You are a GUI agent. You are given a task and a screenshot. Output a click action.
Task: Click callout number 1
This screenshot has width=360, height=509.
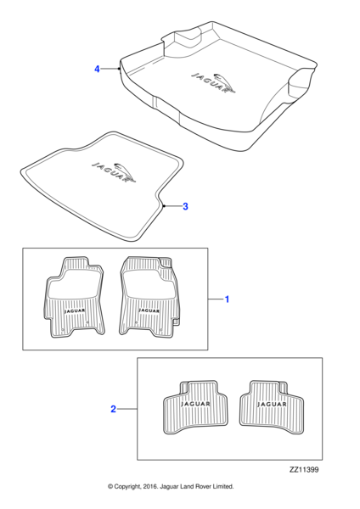click(x=227, y=299)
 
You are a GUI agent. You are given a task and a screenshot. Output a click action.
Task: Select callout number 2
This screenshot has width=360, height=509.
click(x=114, y=409)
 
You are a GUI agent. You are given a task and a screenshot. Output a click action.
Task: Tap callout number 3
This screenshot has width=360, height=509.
click(x=185, y=206)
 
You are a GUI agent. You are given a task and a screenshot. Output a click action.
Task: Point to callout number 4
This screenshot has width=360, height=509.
click(x=97, y=69)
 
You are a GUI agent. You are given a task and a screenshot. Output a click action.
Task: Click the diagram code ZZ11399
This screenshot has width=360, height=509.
click(x=304, y=470)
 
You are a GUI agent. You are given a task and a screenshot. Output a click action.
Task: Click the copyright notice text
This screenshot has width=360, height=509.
click(x=171, y=487)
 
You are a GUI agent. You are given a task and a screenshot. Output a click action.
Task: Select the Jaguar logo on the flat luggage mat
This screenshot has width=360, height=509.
click(x=114, y=172)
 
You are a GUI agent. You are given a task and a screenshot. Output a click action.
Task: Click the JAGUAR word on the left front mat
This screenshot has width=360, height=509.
click(x=75, y=310)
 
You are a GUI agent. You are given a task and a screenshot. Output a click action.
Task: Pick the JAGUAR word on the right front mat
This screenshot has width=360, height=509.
click(x=149, y=310)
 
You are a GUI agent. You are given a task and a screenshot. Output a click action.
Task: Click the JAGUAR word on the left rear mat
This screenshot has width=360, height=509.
click(x=195, y=404)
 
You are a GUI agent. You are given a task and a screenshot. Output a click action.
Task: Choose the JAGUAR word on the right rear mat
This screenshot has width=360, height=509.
click(x=272, y=404)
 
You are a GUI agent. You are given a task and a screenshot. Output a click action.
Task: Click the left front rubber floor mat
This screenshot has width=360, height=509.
click(x=74, y=298)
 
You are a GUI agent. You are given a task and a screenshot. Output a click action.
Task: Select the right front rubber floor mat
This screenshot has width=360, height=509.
click(x=149, y=296)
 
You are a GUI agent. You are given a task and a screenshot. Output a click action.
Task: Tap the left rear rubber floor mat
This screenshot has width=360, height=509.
click(x=195, y=407)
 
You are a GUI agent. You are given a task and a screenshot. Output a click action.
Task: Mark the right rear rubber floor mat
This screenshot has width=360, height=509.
click(x=272, y=407)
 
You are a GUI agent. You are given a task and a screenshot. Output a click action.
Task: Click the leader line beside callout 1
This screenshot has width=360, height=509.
click(x=216, y=299)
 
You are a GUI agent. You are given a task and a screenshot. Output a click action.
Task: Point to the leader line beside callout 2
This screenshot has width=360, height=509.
click(x=127, y=409)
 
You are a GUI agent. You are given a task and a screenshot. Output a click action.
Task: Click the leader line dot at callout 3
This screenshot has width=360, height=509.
click(x=164, y=206)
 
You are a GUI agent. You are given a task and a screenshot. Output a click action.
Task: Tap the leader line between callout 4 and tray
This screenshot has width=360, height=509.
click(x=110, y=69)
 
